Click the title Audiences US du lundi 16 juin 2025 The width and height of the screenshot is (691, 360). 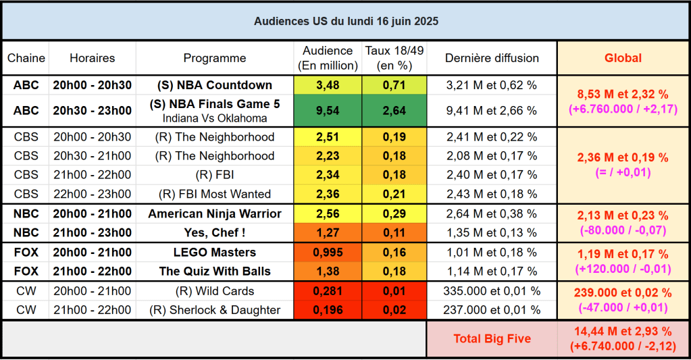[346, 21]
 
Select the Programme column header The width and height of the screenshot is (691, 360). [215, 58]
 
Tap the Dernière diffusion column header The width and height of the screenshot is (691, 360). [492, 58]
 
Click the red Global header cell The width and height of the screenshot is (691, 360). [623, 58]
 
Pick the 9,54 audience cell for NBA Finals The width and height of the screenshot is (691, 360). [328, 111]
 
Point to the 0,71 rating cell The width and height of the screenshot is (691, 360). [394, 85]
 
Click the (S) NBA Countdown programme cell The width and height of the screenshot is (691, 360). [215, 85]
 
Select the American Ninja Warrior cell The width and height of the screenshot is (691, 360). [215, 214]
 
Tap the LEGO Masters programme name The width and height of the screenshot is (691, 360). [215, 253]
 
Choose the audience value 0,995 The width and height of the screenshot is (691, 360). [328, 253]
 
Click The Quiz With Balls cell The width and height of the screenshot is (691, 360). [215, 272]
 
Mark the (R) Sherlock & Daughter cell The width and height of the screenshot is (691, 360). [215, 311]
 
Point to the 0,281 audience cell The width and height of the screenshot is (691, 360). [328, 291]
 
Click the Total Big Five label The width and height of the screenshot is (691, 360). [492, 338]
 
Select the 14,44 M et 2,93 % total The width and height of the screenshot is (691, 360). [623, 332]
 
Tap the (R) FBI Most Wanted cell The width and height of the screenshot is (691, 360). [215, 195]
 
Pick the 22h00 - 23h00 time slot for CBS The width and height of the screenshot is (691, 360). [93, 195]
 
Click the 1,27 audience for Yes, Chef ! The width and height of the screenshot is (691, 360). [328, 233]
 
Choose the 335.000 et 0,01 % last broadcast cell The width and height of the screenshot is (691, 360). [492, 291]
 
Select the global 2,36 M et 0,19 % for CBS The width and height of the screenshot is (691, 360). [623, 158]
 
